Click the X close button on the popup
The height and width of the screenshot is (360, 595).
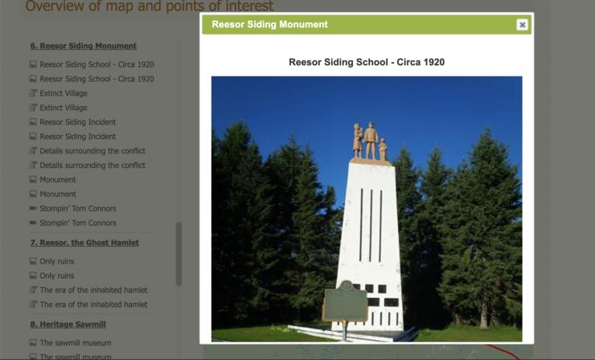[522, 25]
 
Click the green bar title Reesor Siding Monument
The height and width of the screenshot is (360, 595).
[269, 24]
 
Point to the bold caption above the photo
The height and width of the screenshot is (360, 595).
[367, 62]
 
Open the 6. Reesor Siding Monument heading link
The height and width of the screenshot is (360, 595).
[83, 46]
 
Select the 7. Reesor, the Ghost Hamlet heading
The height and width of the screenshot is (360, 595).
[84, 243]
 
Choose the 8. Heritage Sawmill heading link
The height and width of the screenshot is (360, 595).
[68, 325]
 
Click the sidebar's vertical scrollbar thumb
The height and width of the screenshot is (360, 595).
[178, 253]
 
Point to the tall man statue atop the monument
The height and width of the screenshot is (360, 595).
[371, 141]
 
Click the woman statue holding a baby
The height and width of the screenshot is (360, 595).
[358, 140]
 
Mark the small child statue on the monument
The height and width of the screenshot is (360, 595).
[383, 149]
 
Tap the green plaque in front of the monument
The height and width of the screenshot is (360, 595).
[345, 301]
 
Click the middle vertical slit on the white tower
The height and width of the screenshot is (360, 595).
[371, 225]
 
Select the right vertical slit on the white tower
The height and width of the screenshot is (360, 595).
[380, 226]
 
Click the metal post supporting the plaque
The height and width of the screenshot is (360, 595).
[345, 331]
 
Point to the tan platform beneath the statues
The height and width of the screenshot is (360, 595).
[371, 162]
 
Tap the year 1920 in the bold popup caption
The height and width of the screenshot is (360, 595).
[432, 62]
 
